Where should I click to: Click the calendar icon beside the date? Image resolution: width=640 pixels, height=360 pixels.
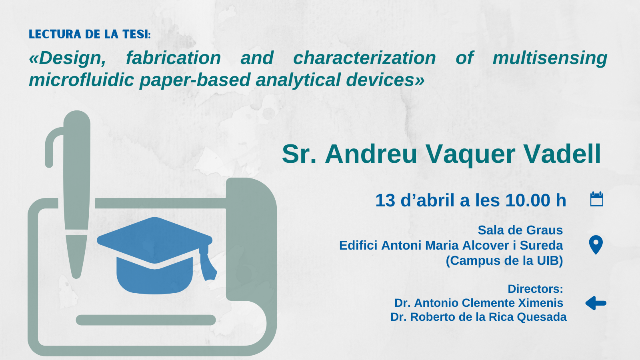(596, 199)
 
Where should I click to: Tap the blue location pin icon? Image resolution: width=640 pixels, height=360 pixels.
(596, 245)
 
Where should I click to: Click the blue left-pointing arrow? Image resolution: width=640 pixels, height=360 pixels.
(596, 303)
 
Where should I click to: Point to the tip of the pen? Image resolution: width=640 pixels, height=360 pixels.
(76, 276)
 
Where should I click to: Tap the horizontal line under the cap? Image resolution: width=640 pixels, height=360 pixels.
(146, 320)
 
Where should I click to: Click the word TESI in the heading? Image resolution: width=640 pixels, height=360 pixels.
(136, 34)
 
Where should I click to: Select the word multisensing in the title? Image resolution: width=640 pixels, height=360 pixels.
(550, 58)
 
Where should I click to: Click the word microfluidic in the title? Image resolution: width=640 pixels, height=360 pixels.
(82, 80)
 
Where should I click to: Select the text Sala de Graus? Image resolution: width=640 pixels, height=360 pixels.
(520, 230)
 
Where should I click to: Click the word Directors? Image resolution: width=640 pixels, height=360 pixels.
(536, 289)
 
